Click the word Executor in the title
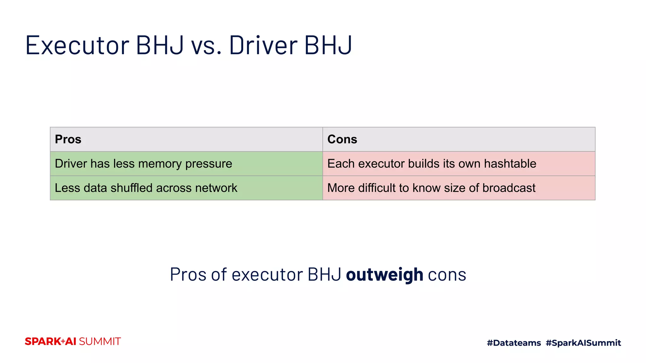tap(77, 46)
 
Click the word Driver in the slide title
tap(263, 46)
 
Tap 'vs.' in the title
tap(206, 46)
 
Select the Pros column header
tap(68, 139)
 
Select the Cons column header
tap(342, 139)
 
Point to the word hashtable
tap(510, 164)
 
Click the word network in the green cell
tap(216, 188)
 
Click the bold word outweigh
tap(385, 274)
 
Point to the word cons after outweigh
tap(447, 274)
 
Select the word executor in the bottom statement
tap(267, 274)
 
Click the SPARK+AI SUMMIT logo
tap(73, 342)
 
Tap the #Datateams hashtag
tap(514, 343)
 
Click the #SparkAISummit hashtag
tap(583, 343)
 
